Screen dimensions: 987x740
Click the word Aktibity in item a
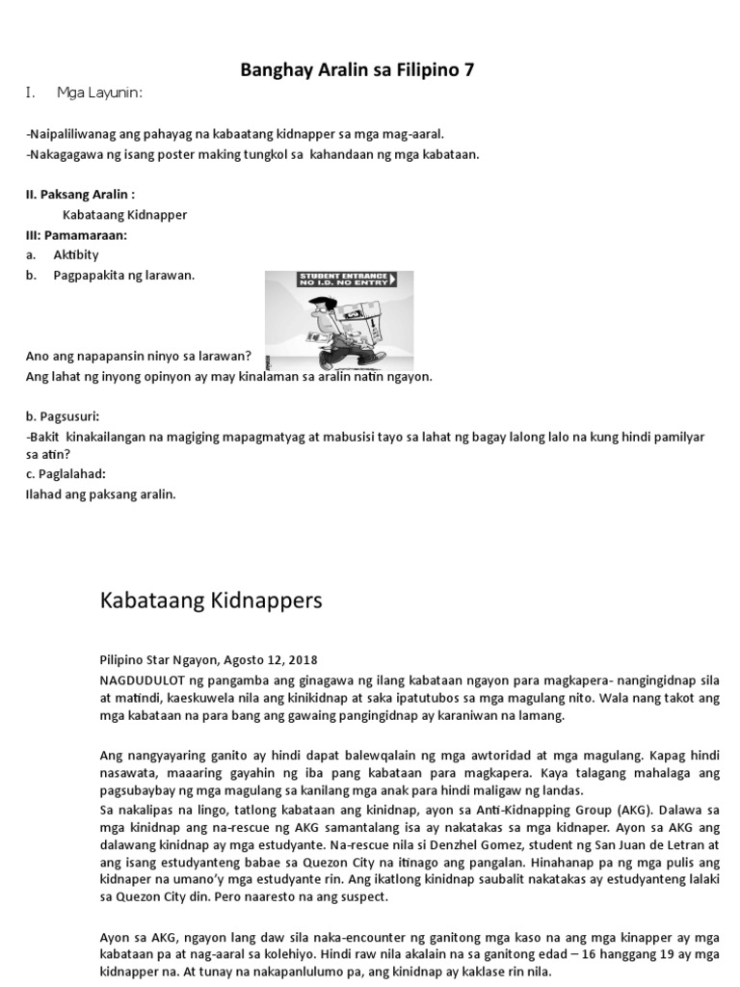point(76,254)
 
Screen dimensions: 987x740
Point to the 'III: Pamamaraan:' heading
point(76,234)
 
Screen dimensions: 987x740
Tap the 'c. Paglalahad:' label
point(66,474)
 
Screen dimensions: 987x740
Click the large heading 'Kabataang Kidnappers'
point(211,601)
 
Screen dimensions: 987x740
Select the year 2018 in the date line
point(301,660)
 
